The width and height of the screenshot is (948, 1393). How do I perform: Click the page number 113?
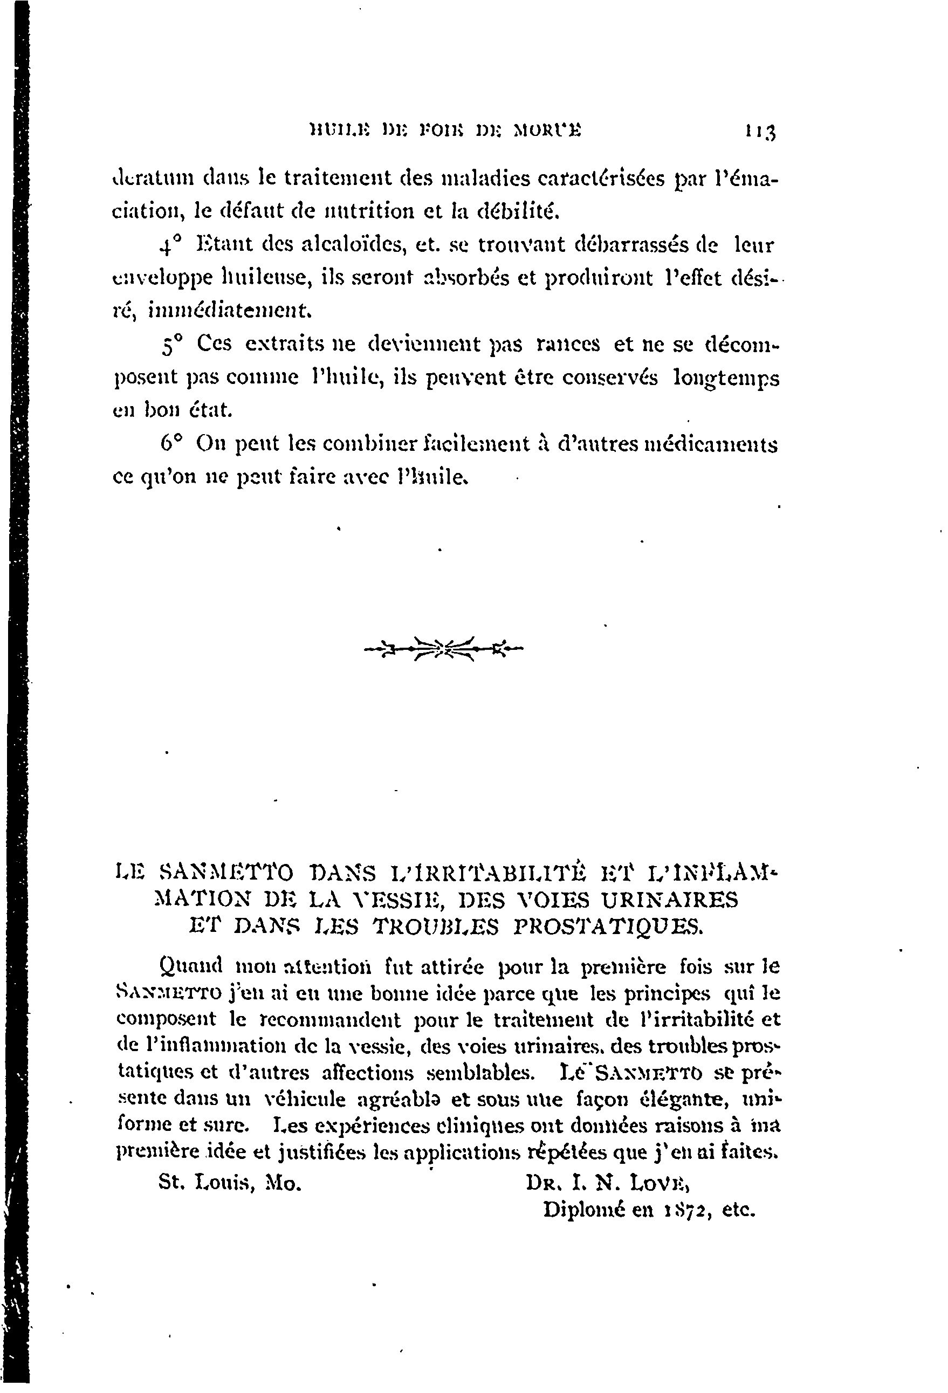click(760, 131)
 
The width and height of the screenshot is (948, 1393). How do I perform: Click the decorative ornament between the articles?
click(443, 648)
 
